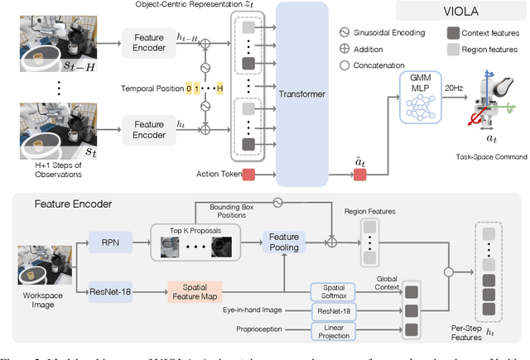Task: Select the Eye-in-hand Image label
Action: (x=260, y=310)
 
